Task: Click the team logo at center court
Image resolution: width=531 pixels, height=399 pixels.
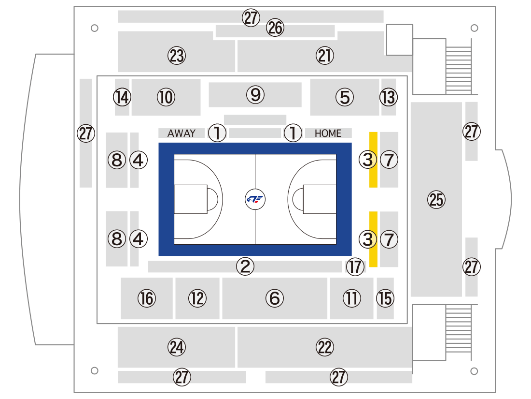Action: (255, 199)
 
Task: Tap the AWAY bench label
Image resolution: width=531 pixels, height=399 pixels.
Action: (182, 133)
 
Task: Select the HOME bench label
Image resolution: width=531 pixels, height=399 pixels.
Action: (328, 133)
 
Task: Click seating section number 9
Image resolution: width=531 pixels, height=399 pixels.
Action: (255, 95)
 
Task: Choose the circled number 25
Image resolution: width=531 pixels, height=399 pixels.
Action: (436, 199)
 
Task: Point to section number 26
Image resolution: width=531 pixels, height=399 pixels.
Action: (275, 28)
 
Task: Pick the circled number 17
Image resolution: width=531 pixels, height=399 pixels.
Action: (355, 266)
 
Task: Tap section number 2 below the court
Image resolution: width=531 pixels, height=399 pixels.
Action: (245, 266)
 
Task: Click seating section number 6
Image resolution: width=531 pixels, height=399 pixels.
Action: (275, 298)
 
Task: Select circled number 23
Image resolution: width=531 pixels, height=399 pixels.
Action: (177, 56)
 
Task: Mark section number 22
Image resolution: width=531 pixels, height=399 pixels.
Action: (325, 347)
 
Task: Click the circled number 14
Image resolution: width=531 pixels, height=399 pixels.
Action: (122, 97)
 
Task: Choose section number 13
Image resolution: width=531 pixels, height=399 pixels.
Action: (389, 97)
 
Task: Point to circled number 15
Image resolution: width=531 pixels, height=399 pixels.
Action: (385, 298)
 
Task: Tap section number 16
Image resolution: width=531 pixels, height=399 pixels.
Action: (147, 298)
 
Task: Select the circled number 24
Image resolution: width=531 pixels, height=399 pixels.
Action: (177, 347)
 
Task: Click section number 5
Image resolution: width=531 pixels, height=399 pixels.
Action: (345, 97)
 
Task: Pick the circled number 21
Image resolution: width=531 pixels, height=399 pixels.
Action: (325, 56)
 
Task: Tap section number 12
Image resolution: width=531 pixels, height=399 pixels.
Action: (197, 298)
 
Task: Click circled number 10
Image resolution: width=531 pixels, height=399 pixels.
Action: (166, 97)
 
